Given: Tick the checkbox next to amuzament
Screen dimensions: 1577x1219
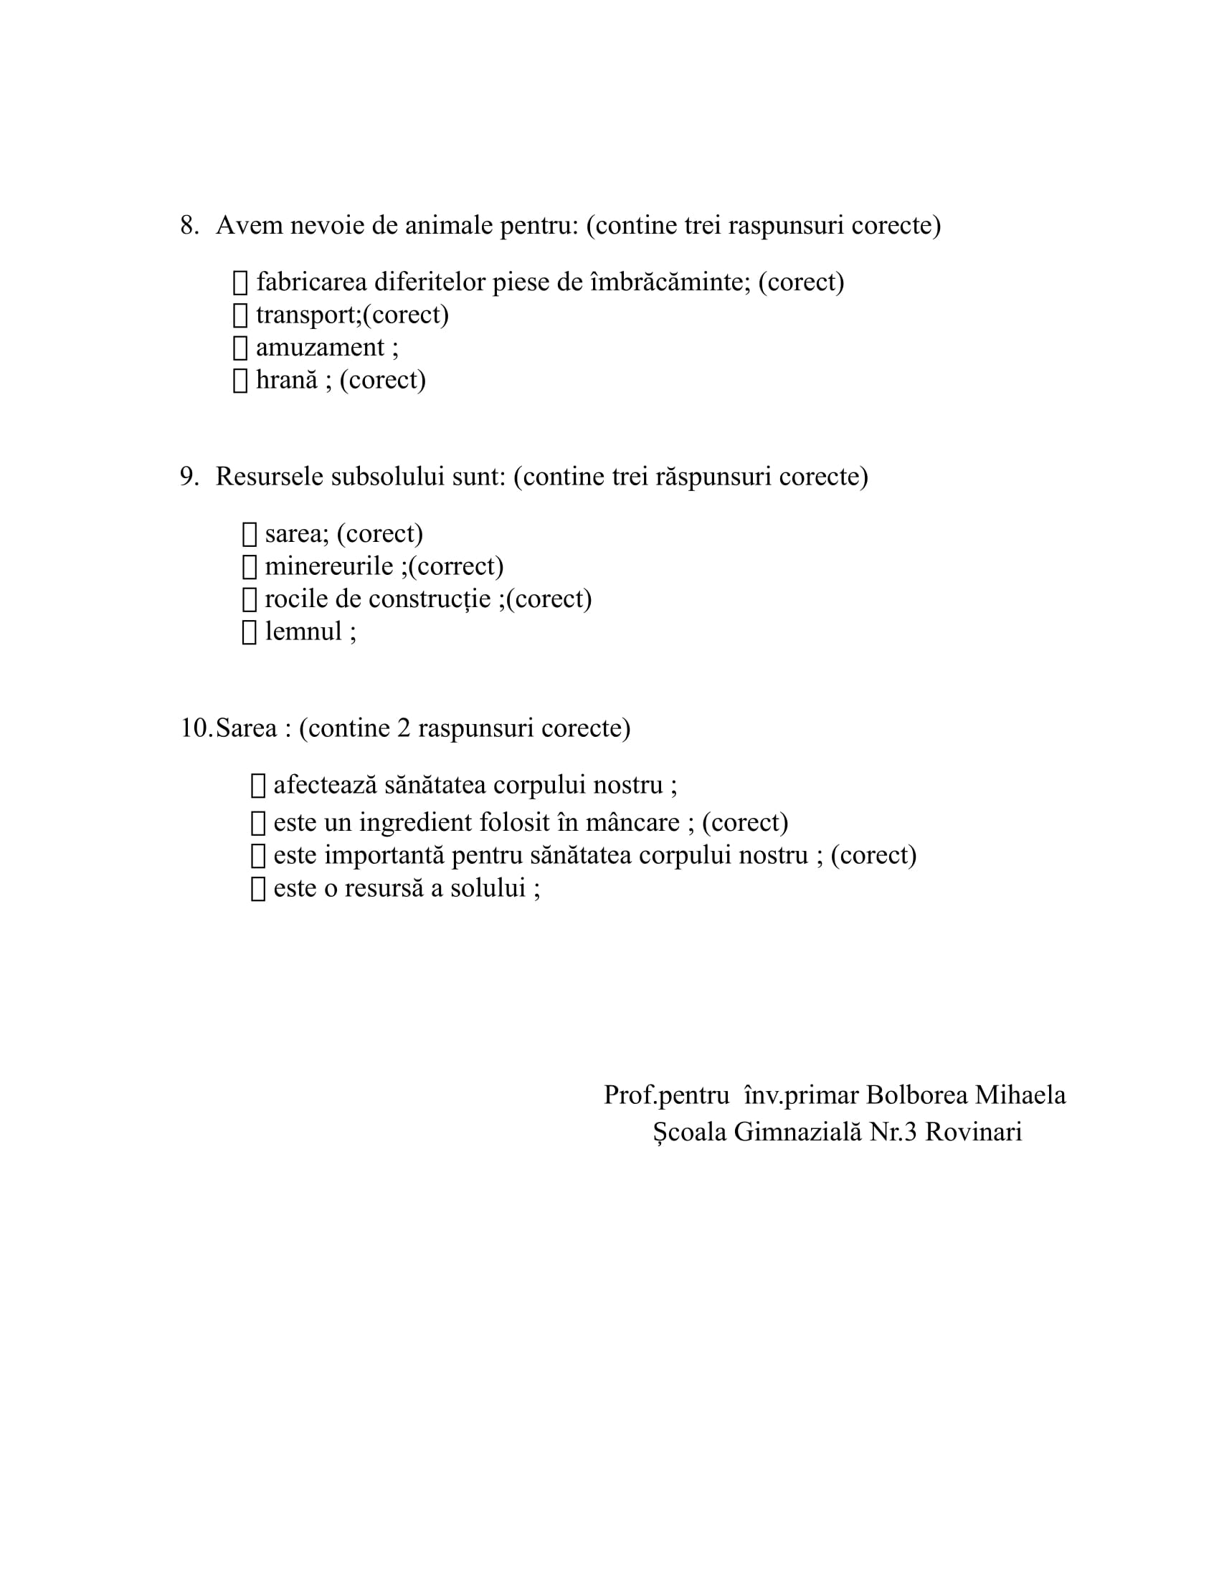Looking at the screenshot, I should click(x=240, y=348).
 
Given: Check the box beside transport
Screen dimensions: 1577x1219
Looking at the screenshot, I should click(x=240, y=315).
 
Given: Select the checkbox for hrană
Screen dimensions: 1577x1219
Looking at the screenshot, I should click(x=240, y=381).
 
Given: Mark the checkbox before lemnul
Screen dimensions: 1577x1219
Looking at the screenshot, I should click(x=249, y=632).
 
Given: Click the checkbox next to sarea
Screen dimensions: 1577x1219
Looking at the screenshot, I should click(x=249, y=534).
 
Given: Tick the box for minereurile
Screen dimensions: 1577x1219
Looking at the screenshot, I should click(x=249, y=567).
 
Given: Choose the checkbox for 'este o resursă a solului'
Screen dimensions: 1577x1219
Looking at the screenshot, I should click(x=258, y=889).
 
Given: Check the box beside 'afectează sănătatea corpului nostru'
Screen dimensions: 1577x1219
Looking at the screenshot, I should click(x=258, y=786).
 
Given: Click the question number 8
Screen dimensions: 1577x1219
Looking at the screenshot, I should click(x=189, y=225).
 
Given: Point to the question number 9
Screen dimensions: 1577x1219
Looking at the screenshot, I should click(x=189, y=477).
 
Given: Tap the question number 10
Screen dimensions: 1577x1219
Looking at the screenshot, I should click(x=196, y=728).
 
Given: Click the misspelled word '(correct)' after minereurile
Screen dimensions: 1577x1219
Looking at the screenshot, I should click(x=455, y=566).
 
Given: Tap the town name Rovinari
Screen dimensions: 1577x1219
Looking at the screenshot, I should click(x=974, y=1131).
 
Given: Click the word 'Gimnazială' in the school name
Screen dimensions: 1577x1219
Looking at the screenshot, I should click(x=798, y=1131).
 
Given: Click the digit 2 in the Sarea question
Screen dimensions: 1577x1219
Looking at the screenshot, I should click(x=404, y=728).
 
